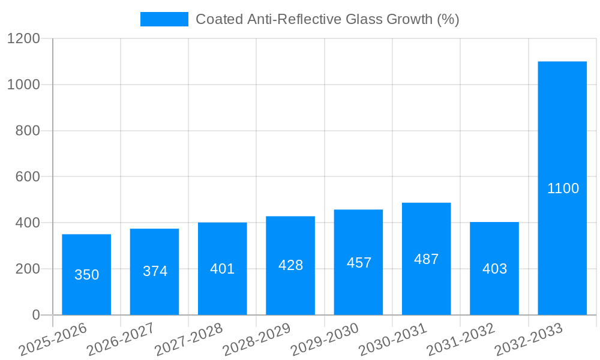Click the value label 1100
coord(563,188)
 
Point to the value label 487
coord(426,259)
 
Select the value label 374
coord(155,271)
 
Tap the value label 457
coord(359,263)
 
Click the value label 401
coord(223,269)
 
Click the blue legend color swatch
coord(164,19)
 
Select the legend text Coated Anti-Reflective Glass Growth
coord(327,19)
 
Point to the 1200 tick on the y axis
coord(23,39)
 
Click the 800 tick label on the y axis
coord(28,131)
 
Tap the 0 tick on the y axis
coord(35,315)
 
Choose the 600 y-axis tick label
coord(28,177)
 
